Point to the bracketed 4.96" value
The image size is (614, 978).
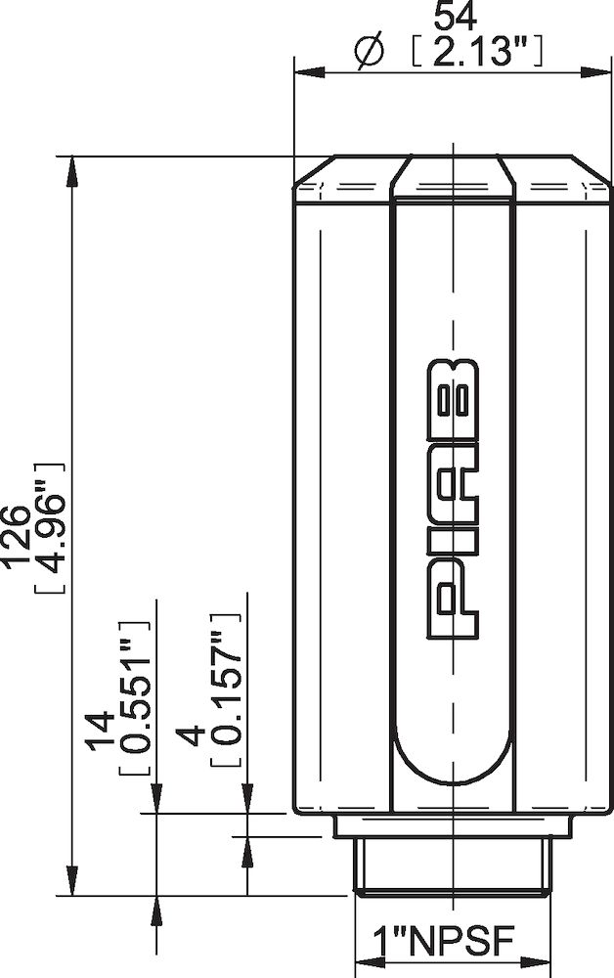tap(51, 529)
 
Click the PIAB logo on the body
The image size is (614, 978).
tap(453, 500)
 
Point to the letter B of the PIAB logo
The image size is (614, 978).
tap(453, 391)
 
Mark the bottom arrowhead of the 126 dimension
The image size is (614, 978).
tap(70, 882)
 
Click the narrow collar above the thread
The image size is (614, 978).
tap(452, 826)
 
